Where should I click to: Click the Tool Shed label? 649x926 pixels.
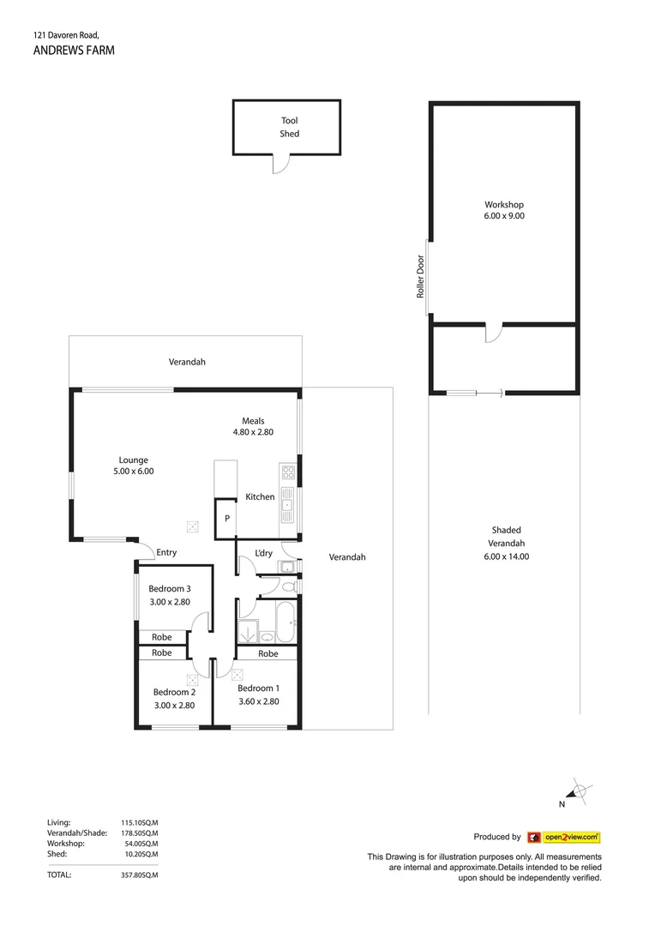289,128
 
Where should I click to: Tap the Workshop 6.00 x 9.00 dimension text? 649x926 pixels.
504,217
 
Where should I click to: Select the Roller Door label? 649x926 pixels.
421,277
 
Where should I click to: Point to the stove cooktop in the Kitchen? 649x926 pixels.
287,472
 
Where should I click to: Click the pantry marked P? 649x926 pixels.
227,519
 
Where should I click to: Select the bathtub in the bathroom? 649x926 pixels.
283,620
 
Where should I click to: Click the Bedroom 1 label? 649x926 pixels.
258,688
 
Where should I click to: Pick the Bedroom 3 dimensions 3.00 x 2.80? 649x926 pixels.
169,602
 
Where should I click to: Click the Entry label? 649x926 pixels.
166,553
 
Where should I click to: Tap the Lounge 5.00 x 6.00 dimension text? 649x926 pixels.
134,472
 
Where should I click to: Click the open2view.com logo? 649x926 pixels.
563,837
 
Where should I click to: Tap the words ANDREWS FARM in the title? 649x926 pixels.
73,51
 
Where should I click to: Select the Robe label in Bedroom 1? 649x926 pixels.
268,653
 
